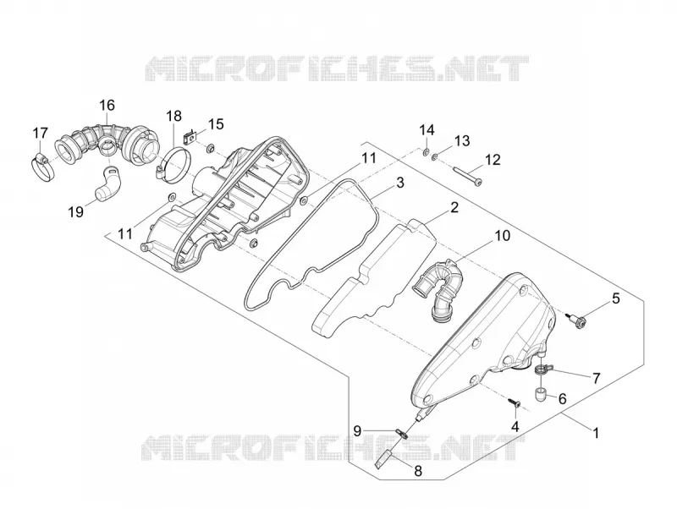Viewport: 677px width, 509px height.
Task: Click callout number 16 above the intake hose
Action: point(107,105)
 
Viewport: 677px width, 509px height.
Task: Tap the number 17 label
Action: point(40,133)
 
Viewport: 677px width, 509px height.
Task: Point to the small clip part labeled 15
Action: point(189,136)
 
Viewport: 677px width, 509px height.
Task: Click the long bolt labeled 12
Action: point(467,176)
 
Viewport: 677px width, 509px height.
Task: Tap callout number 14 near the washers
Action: point(427,130)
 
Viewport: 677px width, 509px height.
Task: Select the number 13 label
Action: point(461,141)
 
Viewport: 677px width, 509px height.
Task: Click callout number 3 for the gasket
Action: point(400,183)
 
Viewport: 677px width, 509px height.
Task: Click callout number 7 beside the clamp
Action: point(597,378)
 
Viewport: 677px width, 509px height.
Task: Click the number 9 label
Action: point(357,430)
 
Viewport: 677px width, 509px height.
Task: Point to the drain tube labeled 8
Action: point(383,459)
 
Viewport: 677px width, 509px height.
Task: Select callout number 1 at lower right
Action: point(596,433)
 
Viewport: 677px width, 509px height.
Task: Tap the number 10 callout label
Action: point(502,236)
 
